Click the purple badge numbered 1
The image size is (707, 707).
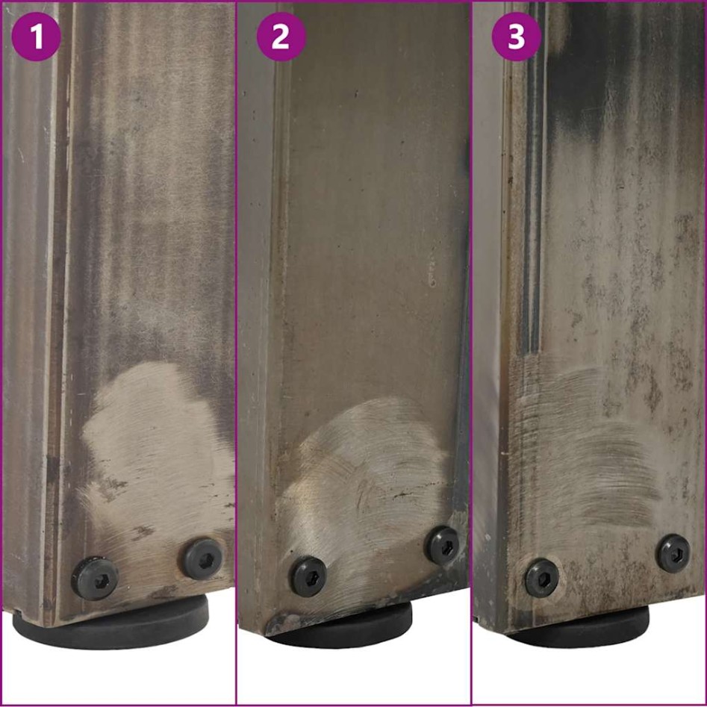point(37,37)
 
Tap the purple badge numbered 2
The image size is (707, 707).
point(280,37)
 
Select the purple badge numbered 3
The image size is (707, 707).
point(516,37)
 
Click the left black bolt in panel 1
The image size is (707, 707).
point(95,577)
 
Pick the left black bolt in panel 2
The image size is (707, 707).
point(308,576)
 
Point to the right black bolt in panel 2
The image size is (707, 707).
point(443,545)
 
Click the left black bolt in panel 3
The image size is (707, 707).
point(541,579)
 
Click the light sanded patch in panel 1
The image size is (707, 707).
point(149,448)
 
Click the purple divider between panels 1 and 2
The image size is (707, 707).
point(237,351)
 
